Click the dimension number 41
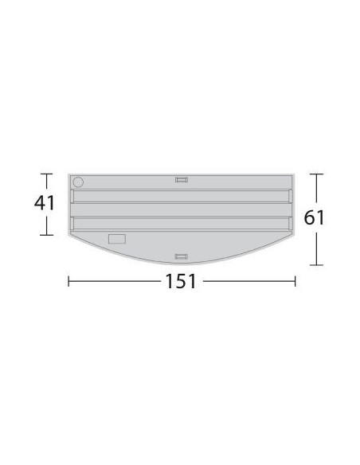(x=44, y=203)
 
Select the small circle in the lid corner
(x=78, y=181)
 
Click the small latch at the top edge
(x=182, y=179)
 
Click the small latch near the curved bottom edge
(x=182, y=256)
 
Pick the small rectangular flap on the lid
(x=117, y=238)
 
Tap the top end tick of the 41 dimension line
(x=45, y=174)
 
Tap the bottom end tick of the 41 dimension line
(x=45, y=235)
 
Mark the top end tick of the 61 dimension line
(x=317, y=174)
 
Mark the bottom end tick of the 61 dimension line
(x=317, y=266)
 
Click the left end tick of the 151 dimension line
(x=69, y=280)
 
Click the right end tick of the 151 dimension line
(x=295, y=280)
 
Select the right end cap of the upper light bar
(x=290, y=196)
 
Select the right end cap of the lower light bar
(x=290, y=224)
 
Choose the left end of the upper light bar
(x=73, y=196)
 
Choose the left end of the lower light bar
(x=73, y=224)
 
